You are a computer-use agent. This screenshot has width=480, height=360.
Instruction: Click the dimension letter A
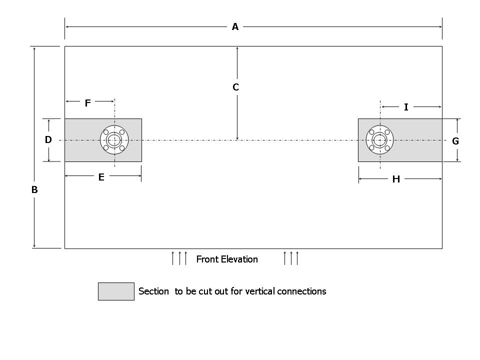tap(235, 27)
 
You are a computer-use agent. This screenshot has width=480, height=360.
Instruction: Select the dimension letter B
tap(34, 190)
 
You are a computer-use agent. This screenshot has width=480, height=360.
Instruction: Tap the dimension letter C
tap(236, 87)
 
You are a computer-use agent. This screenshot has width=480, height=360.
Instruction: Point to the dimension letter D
tap(48, 140)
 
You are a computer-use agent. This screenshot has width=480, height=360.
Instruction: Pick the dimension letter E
tap(101, 177)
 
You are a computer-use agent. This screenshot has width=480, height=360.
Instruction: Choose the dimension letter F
tap(88, 103)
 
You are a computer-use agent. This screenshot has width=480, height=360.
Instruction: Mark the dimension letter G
tap(455, 141)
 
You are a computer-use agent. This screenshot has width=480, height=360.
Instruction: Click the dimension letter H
tap(396, 179)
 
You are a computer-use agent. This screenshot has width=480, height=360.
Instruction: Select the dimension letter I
tap(406, 107)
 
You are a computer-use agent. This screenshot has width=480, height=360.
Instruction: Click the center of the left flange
tap(114, 140)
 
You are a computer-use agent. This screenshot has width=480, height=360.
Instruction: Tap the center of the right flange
tap(380, 140)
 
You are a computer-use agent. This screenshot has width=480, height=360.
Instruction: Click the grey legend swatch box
tap(116, 291)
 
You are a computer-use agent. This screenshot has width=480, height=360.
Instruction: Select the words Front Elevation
tap(227, 259)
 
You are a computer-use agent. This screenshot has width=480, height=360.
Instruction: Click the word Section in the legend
tap(153, 291)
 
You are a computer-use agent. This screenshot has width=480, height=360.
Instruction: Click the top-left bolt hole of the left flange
tap(106, 132)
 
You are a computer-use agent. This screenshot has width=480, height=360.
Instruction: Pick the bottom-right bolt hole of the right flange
tap(387, 148)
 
